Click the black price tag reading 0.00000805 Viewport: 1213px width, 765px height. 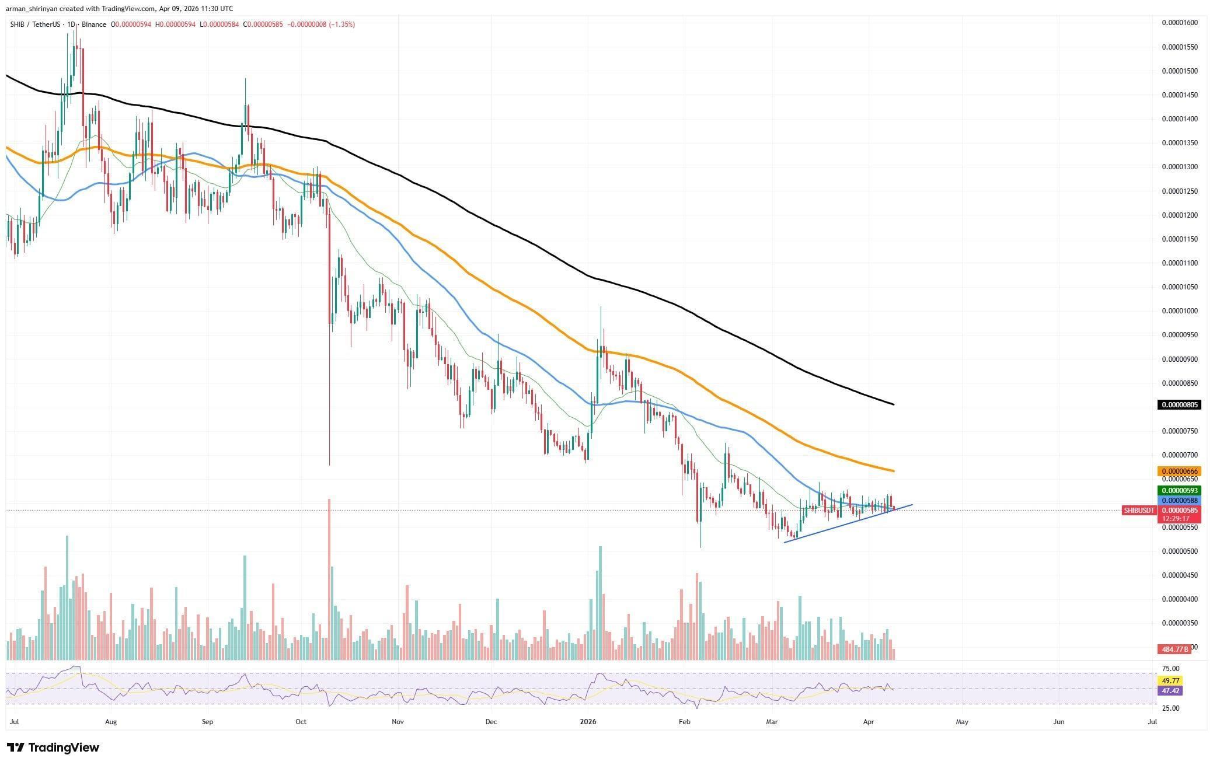(1179, 405)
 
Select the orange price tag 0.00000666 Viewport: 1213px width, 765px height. (1179, 471)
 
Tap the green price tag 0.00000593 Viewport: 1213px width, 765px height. (1179, 491)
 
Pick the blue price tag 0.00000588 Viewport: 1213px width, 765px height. (1179, 501)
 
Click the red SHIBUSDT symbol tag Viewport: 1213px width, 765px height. (1139, 511)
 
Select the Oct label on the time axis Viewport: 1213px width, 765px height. (301, 722)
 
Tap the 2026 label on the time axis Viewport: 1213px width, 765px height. (588, 722)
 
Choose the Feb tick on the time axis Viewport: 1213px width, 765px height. (685, 722)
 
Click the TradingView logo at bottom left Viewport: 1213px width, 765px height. (53, 747)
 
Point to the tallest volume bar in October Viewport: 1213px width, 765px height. (329, 578)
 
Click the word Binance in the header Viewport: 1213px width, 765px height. (94, 25)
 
